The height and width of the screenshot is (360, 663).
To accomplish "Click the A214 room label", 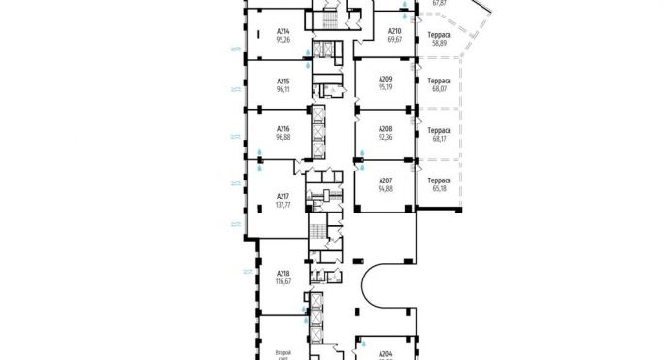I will click(283, 31).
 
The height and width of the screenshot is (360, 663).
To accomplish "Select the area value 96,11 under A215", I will click(283, 88).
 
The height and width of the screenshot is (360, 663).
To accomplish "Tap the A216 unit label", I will click(283, 128).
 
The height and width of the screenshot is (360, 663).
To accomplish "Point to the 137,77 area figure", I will click(283, 206).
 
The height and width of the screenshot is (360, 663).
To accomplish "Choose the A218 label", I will click(283, 273).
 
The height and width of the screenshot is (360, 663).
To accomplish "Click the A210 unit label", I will click(395, 31).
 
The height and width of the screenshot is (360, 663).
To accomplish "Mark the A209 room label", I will click(385, 79).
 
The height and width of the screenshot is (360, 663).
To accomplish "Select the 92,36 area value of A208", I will click(385, 137).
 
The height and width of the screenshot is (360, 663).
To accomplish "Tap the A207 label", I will click(385, 179).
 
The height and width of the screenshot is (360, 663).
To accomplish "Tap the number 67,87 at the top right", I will click(439, 3).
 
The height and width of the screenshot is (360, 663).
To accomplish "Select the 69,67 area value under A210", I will click(395, 40).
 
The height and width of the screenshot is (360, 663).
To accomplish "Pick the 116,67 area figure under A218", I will click(283, 281).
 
